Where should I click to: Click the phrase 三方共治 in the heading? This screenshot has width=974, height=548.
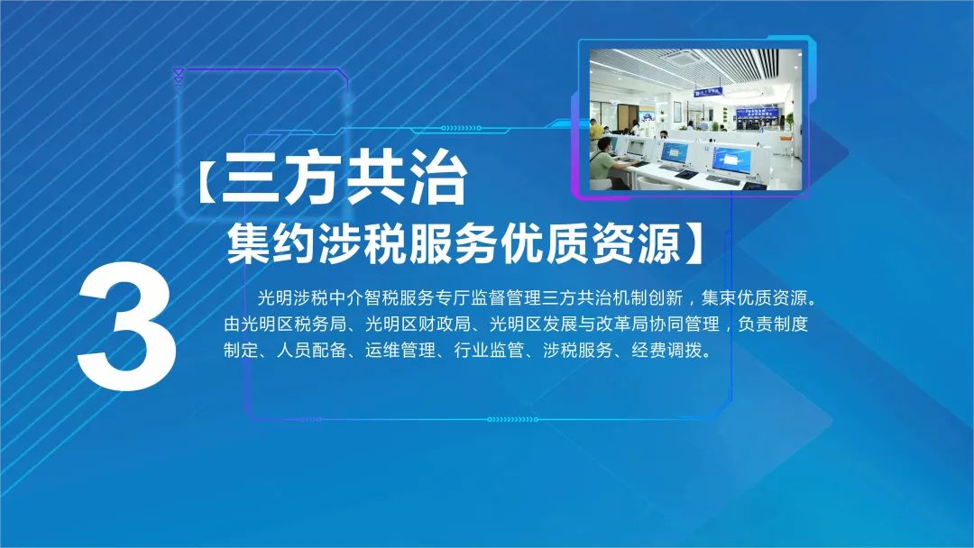344,180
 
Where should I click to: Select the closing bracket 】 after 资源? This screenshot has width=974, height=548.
692,243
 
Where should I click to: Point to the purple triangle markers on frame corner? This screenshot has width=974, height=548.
179,77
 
